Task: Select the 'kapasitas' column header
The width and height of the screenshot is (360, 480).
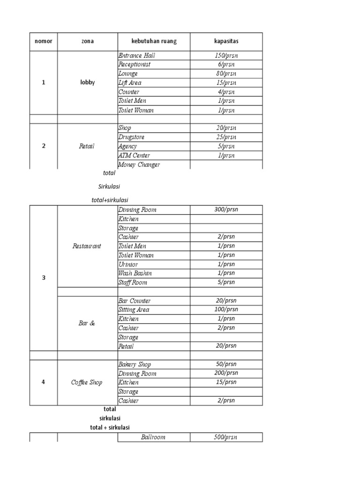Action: point(226,41)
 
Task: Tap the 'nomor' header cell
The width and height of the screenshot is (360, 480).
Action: point(44,41)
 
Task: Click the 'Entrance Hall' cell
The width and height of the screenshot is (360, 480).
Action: point(136,56)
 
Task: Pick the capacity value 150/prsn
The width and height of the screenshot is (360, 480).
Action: point(226,56)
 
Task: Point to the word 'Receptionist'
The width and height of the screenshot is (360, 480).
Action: point(135,65)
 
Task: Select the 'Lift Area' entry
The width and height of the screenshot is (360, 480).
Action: point(130,83)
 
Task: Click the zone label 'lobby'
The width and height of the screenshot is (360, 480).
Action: point(87,82)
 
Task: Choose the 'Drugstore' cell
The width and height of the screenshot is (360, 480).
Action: point(131,137)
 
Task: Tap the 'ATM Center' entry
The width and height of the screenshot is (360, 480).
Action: point(134,156)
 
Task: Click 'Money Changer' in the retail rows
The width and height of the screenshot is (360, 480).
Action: point(139,165)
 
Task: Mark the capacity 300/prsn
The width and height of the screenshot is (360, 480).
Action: point(226,210)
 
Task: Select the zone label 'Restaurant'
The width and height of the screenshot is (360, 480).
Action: point(87,246)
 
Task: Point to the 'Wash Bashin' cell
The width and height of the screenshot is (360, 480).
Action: point(135,273)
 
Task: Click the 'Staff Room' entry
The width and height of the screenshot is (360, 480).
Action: point(133,283)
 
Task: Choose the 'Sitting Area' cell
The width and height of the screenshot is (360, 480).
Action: point(134,310)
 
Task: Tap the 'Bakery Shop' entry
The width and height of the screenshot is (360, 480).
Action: point(135,365)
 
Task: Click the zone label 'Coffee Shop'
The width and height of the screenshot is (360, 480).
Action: point(87,382)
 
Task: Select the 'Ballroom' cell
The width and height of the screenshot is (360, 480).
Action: point(153,437)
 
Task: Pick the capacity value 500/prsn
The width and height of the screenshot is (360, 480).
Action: point(226,437)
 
